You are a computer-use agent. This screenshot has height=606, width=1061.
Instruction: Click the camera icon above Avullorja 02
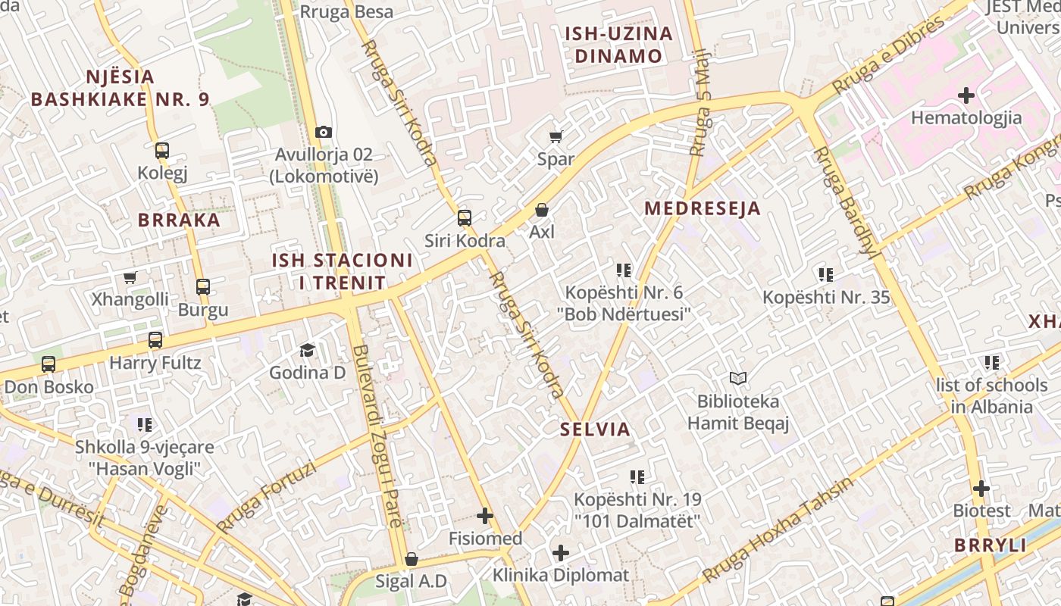click(324, 132)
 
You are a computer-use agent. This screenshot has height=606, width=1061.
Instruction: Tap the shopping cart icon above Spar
click(556, 136)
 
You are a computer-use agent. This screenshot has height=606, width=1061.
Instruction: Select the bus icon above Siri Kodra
click(465, 218)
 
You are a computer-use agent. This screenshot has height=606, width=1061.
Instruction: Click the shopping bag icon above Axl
click(542, 209)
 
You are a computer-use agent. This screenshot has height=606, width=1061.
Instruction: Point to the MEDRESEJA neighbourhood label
click(702, 208)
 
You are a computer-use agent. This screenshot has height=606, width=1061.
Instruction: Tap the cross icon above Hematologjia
click(966, 95)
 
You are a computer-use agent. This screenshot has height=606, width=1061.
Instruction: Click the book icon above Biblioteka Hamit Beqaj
click(738, 378)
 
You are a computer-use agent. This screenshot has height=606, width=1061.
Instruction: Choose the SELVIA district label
click(595, 430)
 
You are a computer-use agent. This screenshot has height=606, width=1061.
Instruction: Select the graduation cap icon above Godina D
click(307, 350)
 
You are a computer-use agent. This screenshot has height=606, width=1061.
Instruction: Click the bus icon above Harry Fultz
click(155, 340)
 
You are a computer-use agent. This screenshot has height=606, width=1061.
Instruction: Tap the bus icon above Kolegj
click(162, 150)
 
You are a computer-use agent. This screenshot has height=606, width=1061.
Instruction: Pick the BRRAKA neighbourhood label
click(179, 220)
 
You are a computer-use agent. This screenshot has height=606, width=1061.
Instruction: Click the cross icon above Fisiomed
click(485, 517)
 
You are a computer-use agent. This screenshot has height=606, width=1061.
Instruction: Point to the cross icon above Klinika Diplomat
click(561, 553)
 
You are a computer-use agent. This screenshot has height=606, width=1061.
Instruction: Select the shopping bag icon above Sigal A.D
click(412, 559)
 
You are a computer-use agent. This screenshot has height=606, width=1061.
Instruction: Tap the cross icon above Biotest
click(981, 489)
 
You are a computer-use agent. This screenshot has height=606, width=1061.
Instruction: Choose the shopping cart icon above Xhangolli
click(130, 277)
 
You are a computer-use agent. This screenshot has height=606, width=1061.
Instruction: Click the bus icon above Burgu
click(203, 287)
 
